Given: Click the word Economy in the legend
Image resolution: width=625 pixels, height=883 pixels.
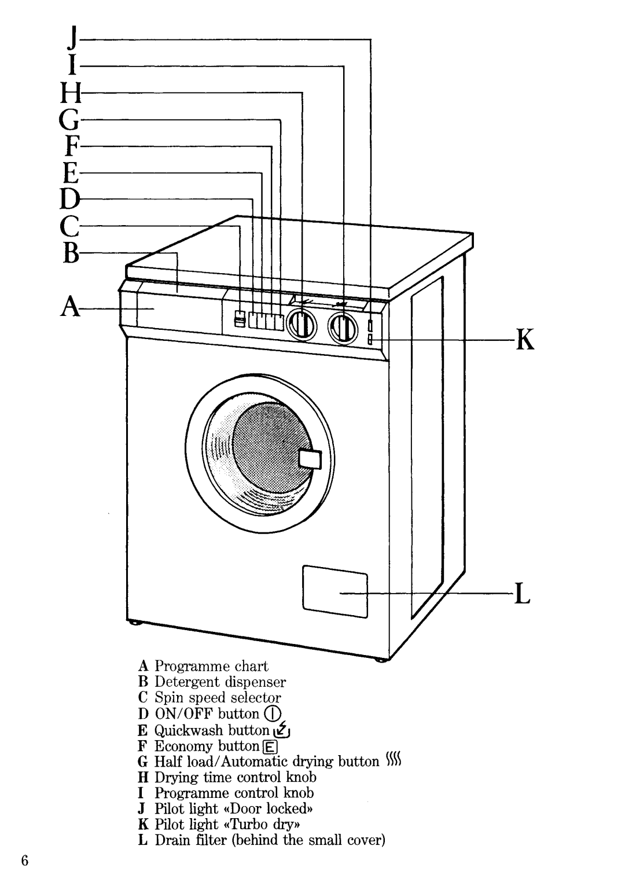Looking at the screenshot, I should click(183, 746).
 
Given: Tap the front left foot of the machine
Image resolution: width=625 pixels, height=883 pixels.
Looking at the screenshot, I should click(134, 624).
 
